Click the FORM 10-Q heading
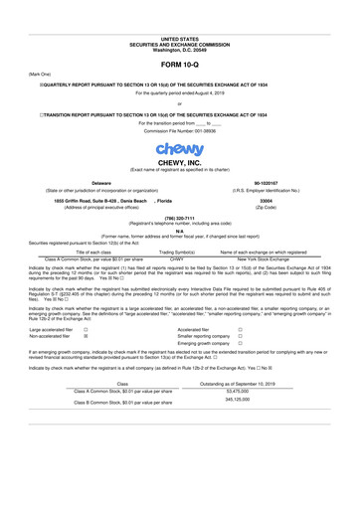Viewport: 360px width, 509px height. (179, 63)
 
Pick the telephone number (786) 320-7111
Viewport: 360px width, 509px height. (179, 222)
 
